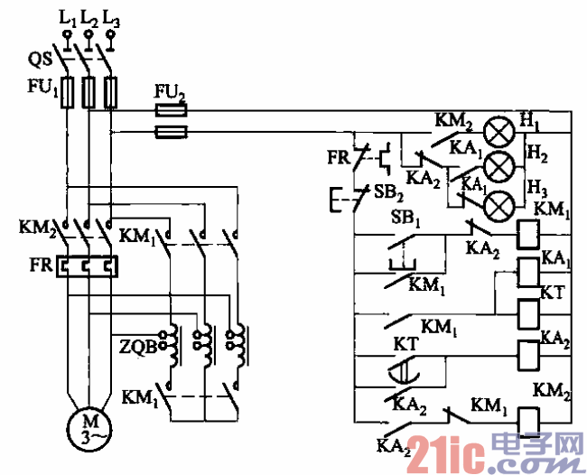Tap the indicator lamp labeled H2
[x=498, y=167]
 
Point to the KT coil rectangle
[x=528, y=312]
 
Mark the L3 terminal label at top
[x=111, y=16]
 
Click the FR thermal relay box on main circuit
[x=88, y=267]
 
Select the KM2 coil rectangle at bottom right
[x=528, y=418]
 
